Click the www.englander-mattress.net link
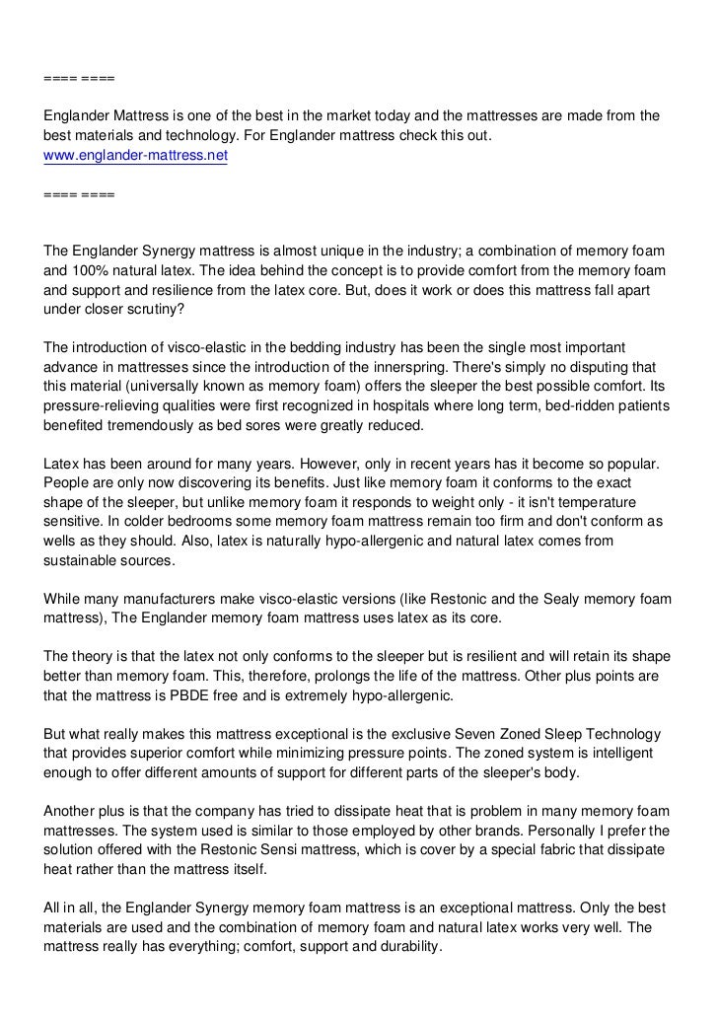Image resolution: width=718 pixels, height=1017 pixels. (x=135, y=156)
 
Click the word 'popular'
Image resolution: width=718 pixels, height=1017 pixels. (x=627, y=464)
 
